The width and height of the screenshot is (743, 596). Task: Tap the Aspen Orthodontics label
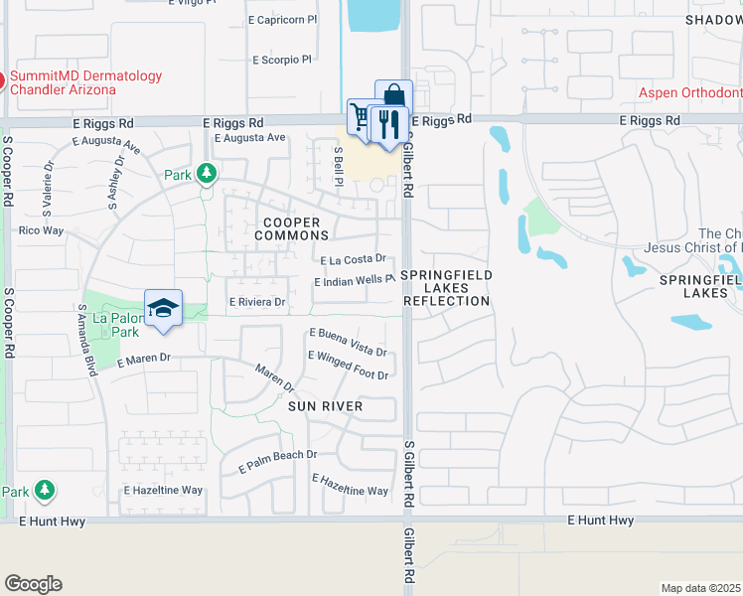tap(689, 92)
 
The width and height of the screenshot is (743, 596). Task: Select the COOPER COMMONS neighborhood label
tap(291, 228)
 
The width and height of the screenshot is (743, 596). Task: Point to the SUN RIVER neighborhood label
tap(326, 406)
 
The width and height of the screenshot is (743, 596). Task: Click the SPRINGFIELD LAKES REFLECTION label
tap(447, 287)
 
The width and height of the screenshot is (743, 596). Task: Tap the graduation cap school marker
tap(164, 307)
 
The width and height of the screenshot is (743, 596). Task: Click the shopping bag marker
tap(393, 97)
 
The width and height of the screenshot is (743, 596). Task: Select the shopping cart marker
tap(362, 119)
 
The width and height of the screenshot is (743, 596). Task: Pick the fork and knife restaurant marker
tap(388, 124)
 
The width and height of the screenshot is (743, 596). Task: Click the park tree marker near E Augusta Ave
tap(207, 174)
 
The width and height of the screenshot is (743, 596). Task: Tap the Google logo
tap(33, 584)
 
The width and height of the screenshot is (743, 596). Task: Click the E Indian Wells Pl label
tap(355, 282)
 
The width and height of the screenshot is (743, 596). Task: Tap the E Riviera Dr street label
tap(257, 302)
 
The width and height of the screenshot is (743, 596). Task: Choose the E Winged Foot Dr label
tap(348, 365)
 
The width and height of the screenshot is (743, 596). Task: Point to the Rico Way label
tap(41, 230)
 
